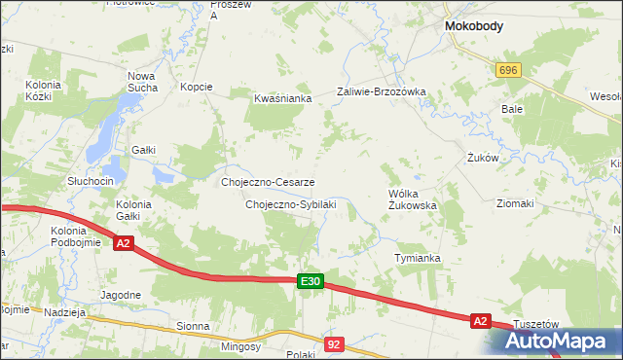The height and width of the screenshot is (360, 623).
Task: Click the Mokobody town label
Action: (473, 27)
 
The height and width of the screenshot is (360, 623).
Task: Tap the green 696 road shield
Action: (508, 71)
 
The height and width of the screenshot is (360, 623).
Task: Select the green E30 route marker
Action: (310, 281)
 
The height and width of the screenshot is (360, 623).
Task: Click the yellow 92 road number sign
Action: (335, 343)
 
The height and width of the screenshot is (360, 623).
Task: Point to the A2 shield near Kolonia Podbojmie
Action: (124, 244)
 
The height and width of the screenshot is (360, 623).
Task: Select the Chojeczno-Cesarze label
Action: (268, 182)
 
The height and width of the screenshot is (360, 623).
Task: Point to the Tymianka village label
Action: (418, 258)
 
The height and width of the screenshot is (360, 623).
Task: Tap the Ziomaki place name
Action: (515, 203)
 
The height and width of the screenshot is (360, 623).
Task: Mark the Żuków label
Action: (483, 157)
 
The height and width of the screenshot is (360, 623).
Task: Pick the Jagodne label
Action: (121, 294)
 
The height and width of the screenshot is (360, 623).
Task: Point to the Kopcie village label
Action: (196, 87)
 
